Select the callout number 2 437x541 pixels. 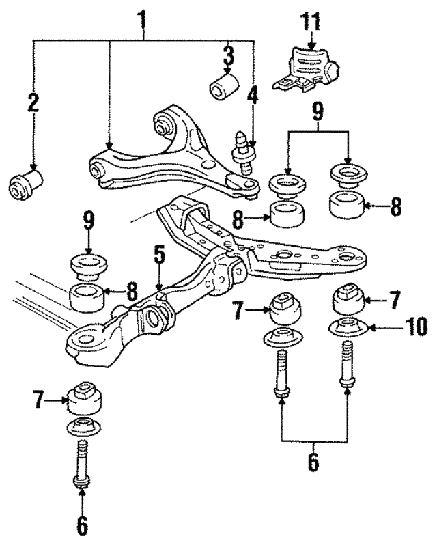coord(33,103)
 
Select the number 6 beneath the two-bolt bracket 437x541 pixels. coord(313,462)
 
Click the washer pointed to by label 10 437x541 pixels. coord(347,328)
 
